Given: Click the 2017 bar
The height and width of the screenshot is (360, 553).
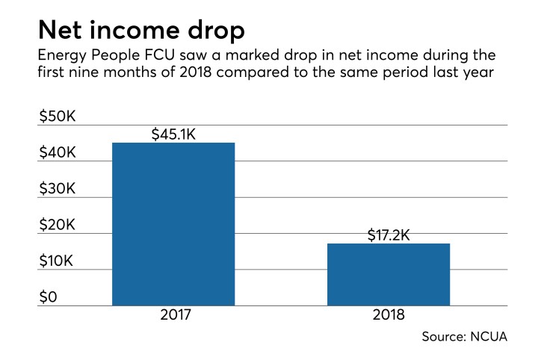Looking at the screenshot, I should tap(173, 224).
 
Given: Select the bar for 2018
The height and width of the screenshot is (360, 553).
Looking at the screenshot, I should tap(389, 274).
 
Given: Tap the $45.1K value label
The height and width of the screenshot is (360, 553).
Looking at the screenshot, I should tap(173, 134).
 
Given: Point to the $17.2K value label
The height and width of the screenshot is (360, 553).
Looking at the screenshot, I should tap(389, 235).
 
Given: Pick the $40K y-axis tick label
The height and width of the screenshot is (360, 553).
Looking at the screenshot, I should tap(58, 152).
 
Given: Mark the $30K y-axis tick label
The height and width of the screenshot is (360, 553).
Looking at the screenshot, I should tap(58, 189).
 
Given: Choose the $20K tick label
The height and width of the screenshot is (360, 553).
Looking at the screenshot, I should tap(58, 226).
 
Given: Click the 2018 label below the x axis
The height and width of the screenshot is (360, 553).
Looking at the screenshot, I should tap(389, 315).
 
